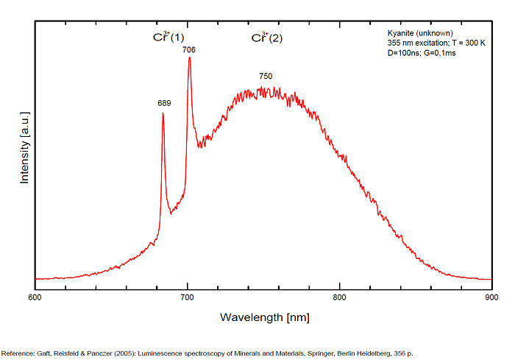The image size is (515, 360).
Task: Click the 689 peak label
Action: (164, 104)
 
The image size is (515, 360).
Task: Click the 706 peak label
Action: (189, 49)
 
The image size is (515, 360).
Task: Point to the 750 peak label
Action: (266, 77)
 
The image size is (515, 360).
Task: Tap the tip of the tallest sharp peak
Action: (189, 57)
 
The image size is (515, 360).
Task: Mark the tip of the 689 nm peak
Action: (163, 113)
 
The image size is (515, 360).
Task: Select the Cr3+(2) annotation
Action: (266, 38)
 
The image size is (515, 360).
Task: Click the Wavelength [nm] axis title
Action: (264, 317)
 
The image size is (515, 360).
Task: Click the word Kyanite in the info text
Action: (401, 33)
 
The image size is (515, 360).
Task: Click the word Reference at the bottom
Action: (18, 351)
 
